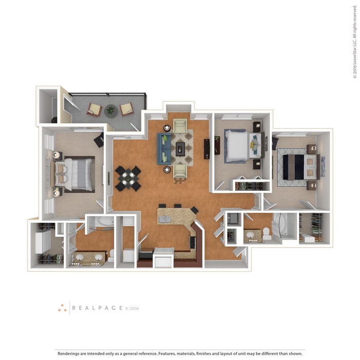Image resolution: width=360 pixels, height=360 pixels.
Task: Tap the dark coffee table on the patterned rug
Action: tap(180, 149)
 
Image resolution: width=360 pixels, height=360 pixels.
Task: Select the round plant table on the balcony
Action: tap(111, 110)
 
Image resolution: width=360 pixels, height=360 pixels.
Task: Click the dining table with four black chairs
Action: tap(128, 178)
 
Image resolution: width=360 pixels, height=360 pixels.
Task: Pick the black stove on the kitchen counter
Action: tap(193, 242)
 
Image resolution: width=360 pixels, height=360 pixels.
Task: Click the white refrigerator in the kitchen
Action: tap(163, 258)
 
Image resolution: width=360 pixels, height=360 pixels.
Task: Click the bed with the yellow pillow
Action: tap(242, 146)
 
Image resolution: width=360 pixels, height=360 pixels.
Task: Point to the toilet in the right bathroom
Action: tap(267, 235)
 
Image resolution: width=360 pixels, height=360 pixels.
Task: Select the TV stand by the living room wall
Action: tap(206, 149)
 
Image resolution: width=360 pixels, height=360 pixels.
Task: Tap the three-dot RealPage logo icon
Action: tap(62, 308)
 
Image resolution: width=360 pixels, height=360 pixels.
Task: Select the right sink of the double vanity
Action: tap(98, 258)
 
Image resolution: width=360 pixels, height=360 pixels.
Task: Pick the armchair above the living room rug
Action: tap(180, 125)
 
